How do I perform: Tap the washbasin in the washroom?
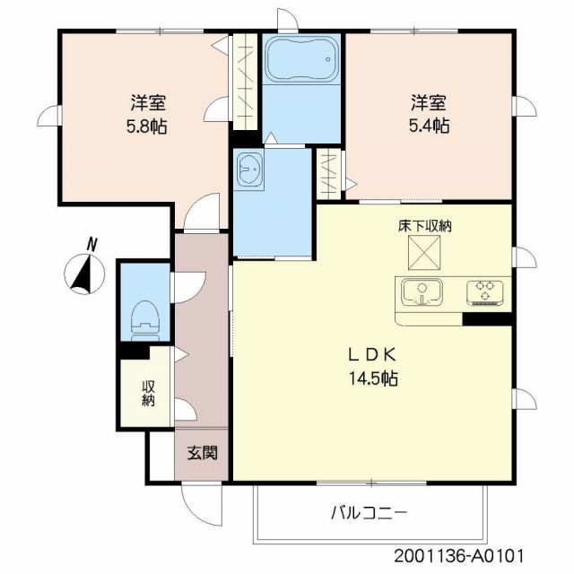pyautogui.click(x=248, y=168)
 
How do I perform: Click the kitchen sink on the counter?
pyautogui.click(x=422, y=291)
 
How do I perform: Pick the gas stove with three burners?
pyautogui.click(x=486, y=291)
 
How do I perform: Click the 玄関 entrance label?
pyautogui.click(x=202, y=453)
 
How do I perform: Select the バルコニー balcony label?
pyautogui.click(x=369, y=512)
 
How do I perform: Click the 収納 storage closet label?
pyautogui.click(x=147, y=393)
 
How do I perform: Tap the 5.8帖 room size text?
pyautogui.click(x=145, y=126)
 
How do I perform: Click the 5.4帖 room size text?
pyautogui.click(x=430, y=126)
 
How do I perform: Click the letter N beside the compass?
pyautogui.click(x=91, y=243)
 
